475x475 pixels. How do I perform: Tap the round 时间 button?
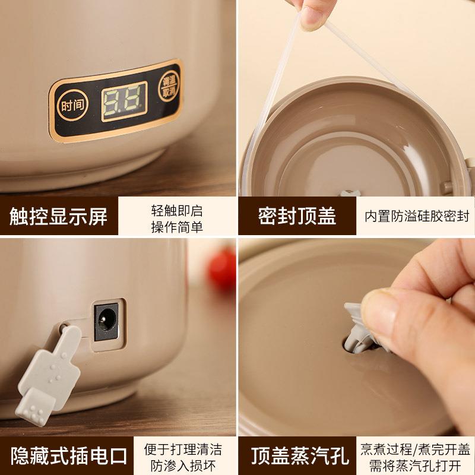[x=72, y=105]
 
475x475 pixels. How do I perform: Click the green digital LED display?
[x=124, y=102]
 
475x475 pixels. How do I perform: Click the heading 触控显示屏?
[x=58, y=216]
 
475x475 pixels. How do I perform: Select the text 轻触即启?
[x=177, y=210]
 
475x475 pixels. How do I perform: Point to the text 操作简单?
[x=177, y=227]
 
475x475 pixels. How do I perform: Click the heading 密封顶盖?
[x=297, y=216]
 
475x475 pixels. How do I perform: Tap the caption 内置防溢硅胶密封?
[x=417, y=216]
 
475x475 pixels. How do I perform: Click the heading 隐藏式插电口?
[x=69, y=455]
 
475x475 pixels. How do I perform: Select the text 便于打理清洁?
[x=183, y=449]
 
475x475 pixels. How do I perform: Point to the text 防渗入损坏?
[x=183, y=465]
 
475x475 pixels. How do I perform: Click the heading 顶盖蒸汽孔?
[x=300, y=455]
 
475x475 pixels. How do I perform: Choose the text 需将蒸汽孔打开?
[x=415, y=465]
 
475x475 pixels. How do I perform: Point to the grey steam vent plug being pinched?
[x=360, y=329]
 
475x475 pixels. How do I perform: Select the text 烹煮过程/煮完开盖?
[x=415, y=449]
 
